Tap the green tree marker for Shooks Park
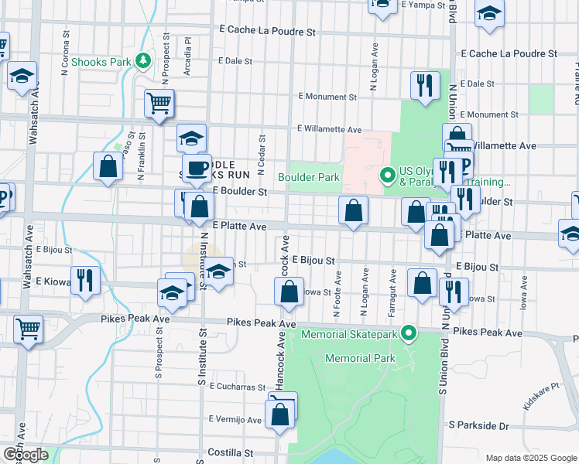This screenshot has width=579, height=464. tap(142, 60)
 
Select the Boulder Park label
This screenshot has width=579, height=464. tap(309, 177)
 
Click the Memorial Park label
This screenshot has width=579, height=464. tap(360, 358)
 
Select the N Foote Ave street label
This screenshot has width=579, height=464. tap(337, 295)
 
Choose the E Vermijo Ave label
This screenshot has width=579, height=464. tap(235, 419)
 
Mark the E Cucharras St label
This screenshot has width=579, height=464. tap(236, 385)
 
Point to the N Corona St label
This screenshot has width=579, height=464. tap(63, 59)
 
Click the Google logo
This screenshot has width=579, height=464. tap(26, 454)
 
